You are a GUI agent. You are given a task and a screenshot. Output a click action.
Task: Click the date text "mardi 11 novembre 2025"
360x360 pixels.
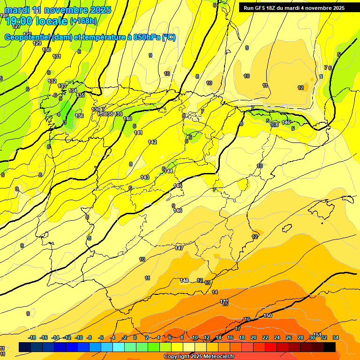pos(58,10)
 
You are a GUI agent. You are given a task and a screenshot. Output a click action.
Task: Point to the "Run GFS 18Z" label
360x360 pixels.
pos(260,7)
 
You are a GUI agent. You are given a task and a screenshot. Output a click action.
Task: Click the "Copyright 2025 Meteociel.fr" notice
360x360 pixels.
pos(200,357)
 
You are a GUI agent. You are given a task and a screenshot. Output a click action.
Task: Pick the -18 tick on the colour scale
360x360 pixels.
pos(32,337)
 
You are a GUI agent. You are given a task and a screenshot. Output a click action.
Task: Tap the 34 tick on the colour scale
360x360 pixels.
pos(336,337)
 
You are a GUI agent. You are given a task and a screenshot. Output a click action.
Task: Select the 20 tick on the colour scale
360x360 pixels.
pos(254,337)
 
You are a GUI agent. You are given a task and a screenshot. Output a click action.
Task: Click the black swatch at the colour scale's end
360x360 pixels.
pos(330,347)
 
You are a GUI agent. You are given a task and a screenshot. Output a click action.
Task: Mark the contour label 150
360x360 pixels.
pos(268,315)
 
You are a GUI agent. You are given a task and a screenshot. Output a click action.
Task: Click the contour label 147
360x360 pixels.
pos(179,247)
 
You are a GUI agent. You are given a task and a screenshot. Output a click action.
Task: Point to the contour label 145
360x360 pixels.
pos(178,186)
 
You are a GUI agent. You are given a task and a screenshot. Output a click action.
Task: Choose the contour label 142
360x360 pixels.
pos(152,142)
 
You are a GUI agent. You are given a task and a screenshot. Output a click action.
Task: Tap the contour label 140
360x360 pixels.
pos(127,119)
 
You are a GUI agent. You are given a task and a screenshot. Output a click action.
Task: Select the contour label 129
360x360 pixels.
pos(37,43)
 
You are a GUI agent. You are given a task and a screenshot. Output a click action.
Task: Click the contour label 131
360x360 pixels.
pos(57,56)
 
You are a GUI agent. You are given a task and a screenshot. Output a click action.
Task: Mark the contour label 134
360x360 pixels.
pos(73,90)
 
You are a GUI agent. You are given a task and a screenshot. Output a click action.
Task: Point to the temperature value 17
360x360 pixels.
pos(238,329)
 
